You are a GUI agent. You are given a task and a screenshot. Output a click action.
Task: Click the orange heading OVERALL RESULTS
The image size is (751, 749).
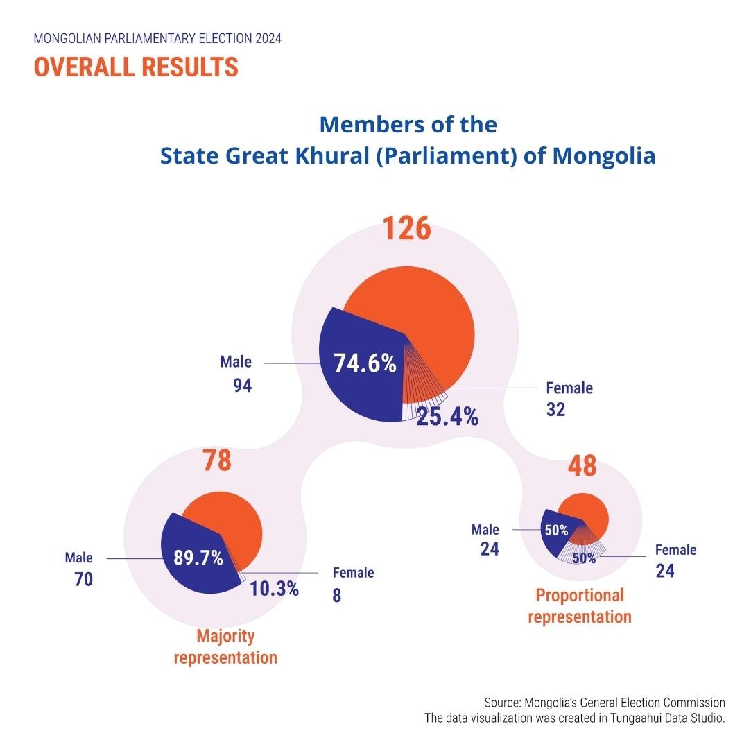(136, 67)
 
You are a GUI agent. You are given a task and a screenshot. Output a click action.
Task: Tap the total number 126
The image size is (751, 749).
(408, 230)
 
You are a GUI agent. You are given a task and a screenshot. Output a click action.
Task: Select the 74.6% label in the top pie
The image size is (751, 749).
(365, 363)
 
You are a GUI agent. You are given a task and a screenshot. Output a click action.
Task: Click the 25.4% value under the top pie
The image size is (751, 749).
(447, 416)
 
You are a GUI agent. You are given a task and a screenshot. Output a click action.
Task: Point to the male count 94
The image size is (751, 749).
(242, 386)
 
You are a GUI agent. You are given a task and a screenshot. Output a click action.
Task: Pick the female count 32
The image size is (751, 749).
(555, 410)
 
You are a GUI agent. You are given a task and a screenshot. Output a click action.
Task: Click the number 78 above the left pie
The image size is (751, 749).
(216, 461)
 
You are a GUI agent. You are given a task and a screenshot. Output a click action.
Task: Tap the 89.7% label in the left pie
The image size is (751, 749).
(198, 557)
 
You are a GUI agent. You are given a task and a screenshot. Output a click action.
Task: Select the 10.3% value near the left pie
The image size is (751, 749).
(274, 589)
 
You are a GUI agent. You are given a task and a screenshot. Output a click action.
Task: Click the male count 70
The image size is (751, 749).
(83, 579)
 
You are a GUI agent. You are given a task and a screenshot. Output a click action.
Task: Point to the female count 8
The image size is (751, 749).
(336, 595)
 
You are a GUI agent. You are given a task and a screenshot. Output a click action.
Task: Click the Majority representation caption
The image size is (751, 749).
(225, 646)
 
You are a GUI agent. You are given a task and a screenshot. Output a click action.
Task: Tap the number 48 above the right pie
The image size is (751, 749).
(581, 466)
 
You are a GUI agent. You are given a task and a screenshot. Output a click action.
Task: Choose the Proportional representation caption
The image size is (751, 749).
(580, 605)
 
